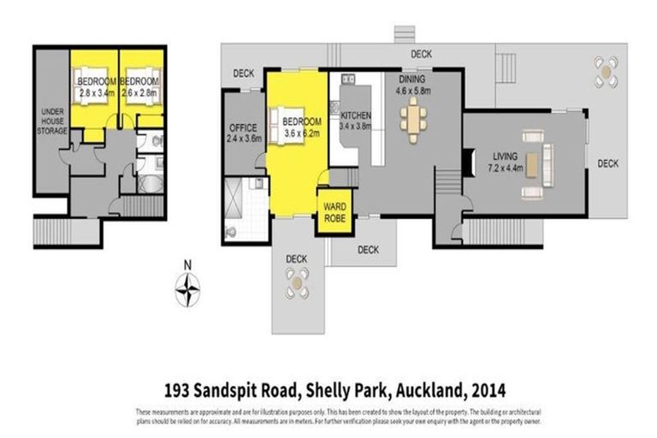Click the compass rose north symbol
tap(187, 287)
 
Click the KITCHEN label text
tap(354, 115)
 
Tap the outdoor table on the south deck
tap(297, 283)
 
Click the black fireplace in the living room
tap(466, 161)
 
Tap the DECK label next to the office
tap(244, 73)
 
